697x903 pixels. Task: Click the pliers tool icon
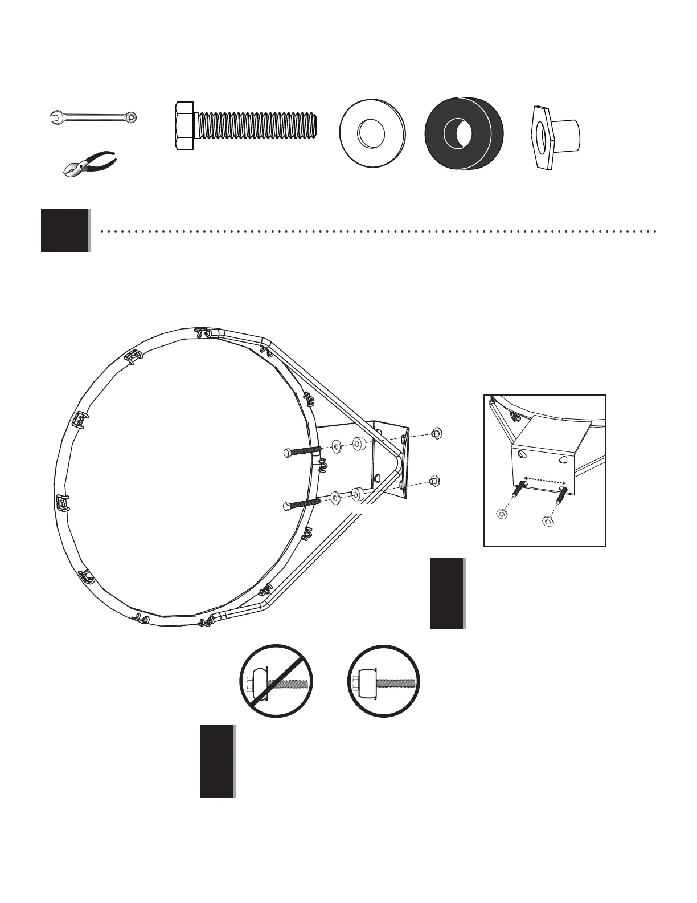(90, 164)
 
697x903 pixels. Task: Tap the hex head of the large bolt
(184, 126)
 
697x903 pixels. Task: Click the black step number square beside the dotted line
(65, 230)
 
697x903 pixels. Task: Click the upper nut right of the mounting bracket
(436, 433)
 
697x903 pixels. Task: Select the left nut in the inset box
(502, 514)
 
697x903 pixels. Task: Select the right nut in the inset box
(548, 520)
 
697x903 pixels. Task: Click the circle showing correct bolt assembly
(383, 681)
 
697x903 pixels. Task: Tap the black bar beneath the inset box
(447, 593)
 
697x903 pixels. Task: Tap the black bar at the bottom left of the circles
(217, 760)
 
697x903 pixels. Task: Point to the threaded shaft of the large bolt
(256, 126)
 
